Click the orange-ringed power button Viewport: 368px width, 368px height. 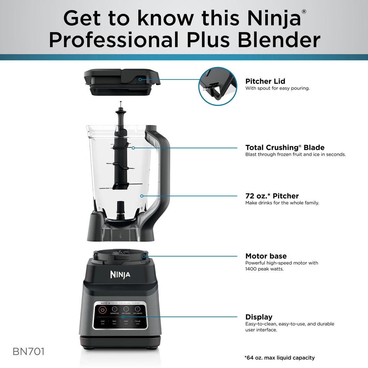click(103, 310)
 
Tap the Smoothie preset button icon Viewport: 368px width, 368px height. click(114, 309)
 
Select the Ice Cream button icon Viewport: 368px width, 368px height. click(138, 309)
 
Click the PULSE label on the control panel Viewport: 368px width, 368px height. click(138, 321)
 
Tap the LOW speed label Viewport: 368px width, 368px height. click(103, 321)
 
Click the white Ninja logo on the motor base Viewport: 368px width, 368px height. click(120, 274)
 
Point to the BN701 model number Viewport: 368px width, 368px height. click(29, 352)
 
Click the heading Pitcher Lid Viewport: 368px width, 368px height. click(265, 81)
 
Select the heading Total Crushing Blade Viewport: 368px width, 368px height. click(285, 148)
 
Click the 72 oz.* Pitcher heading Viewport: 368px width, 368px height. click(272, 196)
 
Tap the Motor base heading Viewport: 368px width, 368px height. click(266, 256)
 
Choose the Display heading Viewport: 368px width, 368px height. click(259, 317)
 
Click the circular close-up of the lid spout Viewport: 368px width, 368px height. click(218, 86)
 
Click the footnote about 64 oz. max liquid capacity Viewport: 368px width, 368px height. click(279, 358)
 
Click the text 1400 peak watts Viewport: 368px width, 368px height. click(264, 269)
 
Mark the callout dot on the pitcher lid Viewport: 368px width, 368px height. click(140, 79)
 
